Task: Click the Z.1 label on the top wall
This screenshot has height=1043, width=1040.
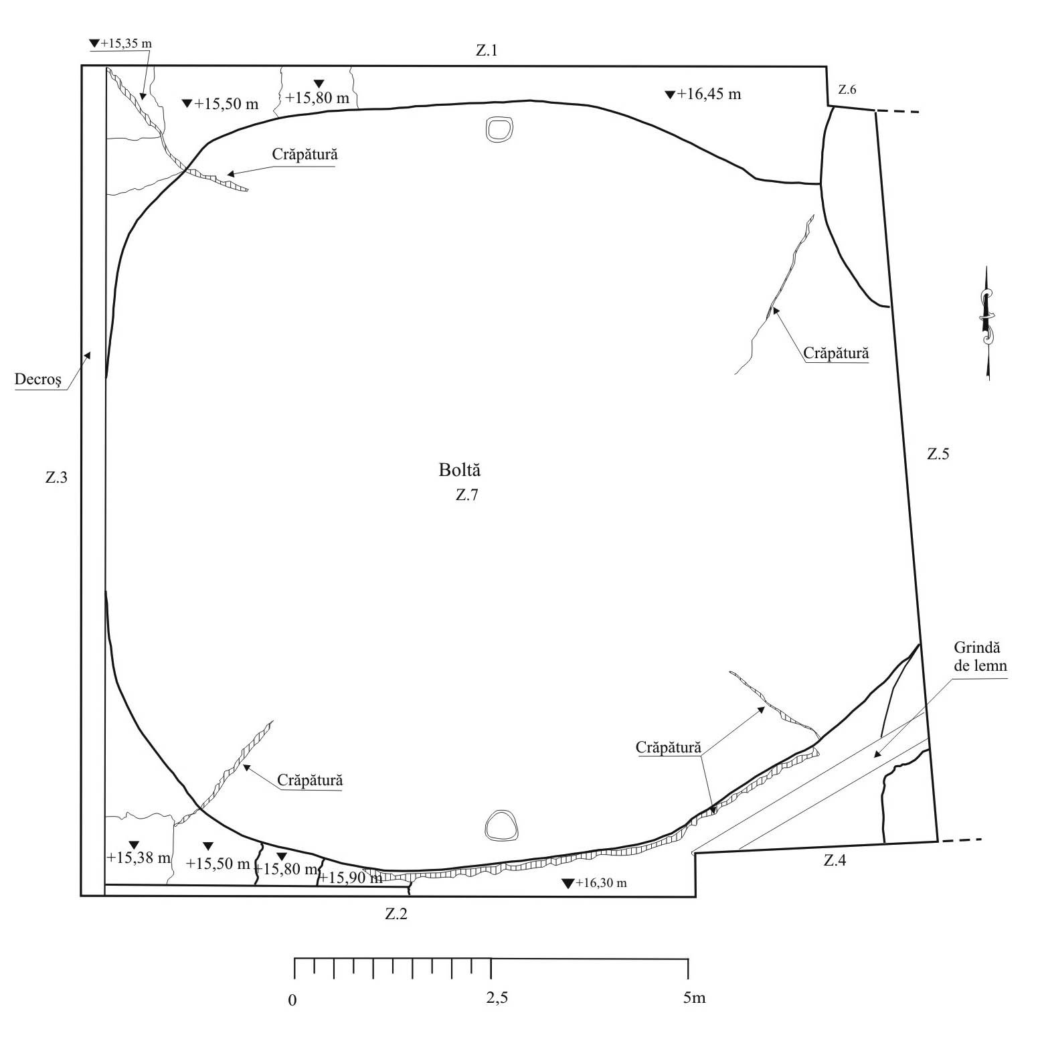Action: (487, 51)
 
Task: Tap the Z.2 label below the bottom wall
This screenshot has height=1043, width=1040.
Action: (396, 914)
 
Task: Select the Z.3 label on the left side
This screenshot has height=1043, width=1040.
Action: (56, 478)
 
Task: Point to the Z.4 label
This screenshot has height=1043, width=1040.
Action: (835, 861)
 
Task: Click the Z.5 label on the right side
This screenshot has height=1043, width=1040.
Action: (938, 454)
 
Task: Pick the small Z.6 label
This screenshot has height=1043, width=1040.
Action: (847, 90)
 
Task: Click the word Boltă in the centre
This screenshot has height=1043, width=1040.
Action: (460, 470)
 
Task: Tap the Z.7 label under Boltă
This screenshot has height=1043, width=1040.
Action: (467, 496)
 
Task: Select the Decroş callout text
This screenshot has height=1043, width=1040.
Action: (38, 381)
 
